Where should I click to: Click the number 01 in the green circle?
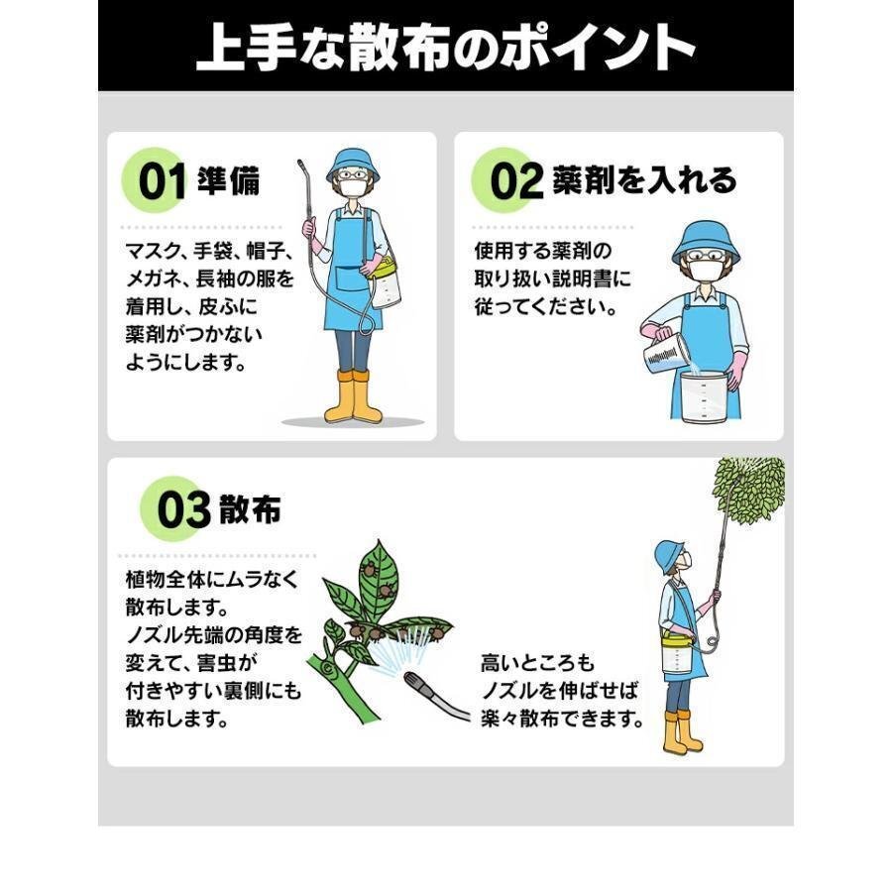pyautogui.click(x=162, y=183)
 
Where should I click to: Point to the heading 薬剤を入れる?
pyautogui.click(x=645, y=181)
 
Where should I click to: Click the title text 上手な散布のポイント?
pyautogui.click(x=445, y=48)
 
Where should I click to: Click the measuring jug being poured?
pyautogui.click(x=666, y=353)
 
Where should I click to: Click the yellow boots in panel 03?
pyautogui.click(x=682, y=732)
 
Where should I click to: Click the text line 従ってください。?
pyautogui.click(x=545, y=307)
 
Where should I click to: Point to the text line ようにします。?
pyautogui.click(x=185, y=362)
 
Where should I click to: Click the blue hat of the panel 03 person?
pyautogui.click(x=672, y=554)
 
